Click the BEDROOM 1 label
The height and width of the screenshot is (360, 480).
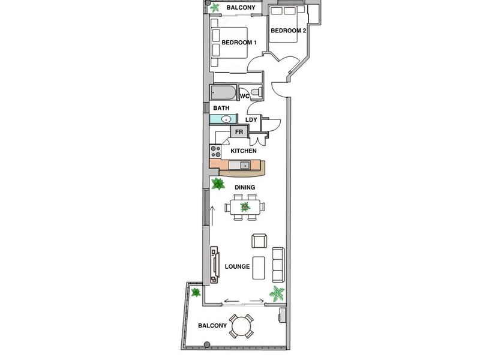(239, 43)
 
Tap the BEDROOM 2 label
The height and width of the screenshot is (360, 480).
(289, 31)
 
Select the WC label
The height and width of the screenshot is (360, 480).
(245, 97)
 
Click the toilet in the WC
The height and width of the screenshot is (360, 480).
(256, 92)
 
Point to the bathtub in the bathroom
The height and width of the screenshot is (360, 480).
(223, 92)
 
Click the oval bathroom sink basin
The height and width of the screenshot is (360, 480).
(226, 119)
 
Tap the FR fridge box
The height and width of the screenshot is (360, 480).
(239, 132)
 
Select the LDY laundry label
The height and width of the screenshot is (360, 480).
(251, 119)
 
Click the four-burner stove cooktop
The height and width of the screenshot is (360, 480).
(215, 151)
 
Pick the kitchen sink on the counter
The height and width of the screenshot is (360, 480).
(245, 166)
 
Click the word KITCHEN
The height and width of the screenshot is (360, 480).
(244, 151)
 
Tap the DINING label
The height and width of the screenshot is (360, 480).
(245, 187)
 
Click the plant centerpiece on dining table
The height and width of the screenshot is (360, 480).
(245, 207)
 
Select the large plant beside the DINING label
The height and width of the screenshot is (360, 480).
(218, 184)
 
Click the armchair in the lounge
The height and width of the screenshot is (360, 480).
(259, 241)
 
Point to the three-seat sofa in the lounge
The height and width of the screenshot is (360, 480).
(278, 265)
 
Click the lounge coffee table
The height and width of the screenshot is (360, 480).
(259, 268)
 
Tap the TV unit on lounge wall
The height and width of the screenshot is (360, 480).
(215, 265)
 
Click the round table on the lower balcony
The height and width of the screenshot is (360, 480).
(241, 326)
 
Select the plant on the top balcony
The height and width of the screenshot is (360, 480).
(215, 7)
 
